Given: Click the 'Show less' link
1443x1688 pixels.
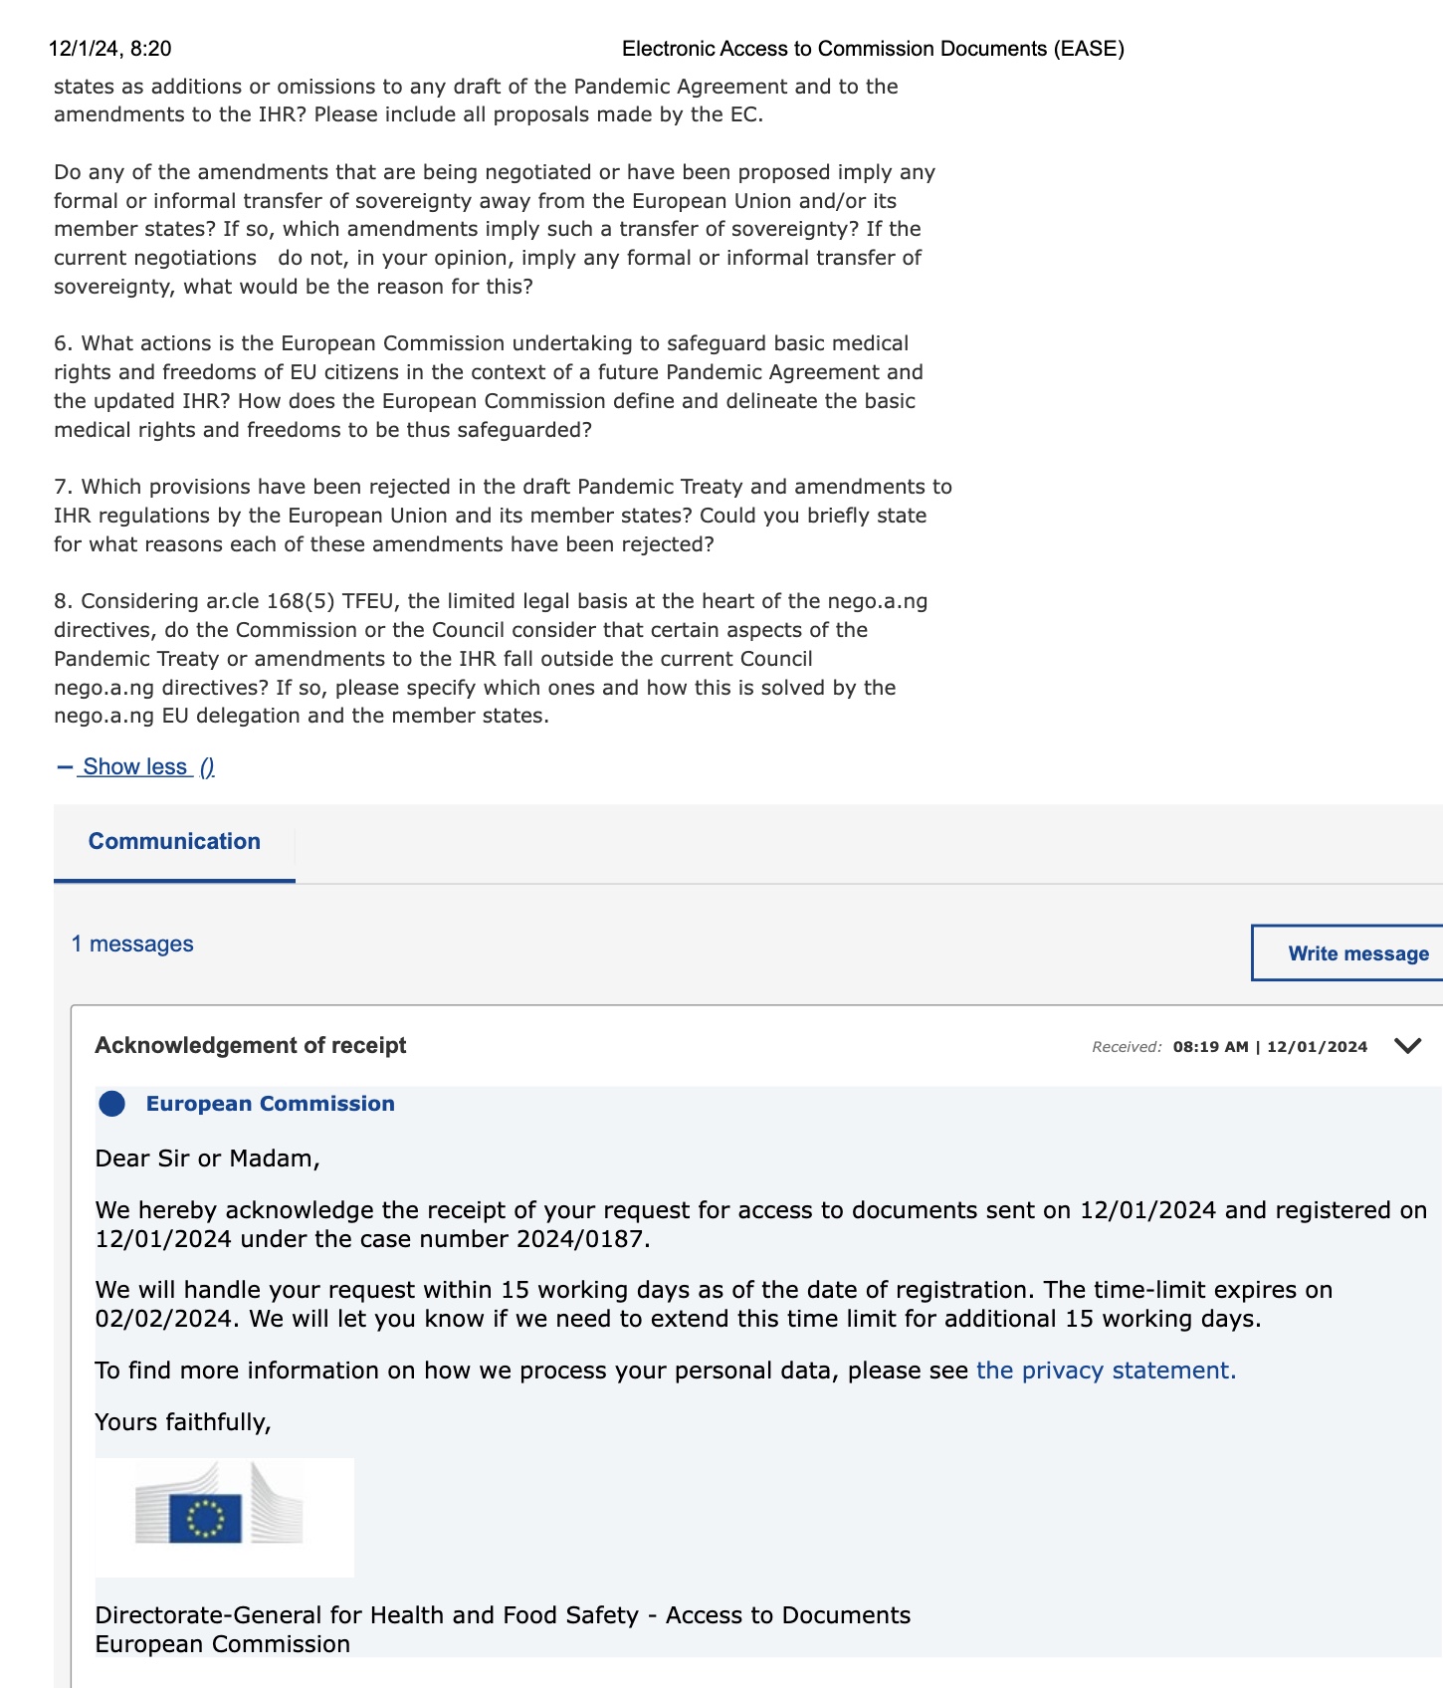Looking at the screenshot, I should [x=135, y=766].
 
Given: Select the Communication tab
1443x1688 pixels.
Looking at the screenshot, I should [x=174, y=841].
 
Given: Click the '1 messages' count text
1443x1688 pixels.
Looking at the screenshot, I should [x=132, y=944].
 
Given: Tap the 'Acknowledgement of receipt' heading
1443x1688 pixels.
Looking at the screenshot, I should [x=251, y=1045].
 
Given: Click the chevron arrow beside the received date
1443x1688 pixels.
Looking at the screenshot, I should [x=1407, y=1045].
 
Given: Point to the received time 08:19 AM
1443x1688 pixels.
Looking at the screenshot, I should [x=1210, y=1047].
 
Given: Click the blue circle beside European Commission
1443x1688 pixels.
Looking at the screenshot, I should [x=112, y=1104].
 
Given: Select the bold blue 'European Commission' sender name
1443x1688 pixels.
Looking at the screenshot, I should [x=271, y=1104].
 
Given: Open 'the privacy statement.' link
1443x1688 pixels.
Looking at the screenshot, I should [x=1106, y=1371].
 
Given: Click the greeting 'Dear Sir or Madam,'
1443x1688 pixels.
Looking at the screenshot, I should [x=208, y=1159].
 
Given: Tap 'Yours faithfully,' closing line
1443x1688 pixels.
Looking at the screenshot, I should [x=183, y=1422].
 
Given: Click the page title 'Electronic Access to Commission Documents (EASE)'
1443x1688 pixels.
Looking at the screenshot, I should [x=873, y=49].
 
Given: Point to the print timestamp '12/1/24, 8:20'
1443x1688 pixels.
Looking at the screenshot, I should [x=109, y=49].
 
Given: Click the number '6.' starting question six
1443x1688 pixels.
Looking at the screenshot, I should [x=64, y=343].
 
